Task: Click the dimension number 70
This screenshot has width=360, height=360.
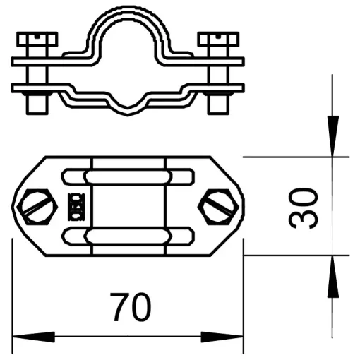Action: tap(131, 306)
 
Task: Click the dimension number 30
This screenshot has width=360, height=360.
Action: tap(303, 208)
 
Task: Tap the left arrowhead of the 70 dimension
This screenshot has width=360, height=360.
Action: tap(33, 337)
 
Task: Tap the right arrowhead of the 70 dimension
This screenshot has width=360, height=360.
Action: tap(222, 337)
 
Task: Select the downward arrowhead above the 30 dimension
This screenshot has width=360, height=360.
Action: tap(332, 136)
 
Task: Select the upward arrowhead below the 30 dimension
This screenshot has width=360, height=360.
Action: tap(332, 277)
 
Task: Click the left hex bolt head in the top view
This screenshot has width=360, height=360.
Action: tap(37, 207)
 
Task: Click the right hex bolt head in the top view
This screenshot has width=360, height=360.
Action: tap(218, 207)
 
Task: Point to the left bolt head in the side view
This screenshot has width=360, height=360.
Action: tap(37, 39)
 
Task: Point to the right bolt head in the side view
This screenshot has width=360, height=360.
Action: tap(218, 39)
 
